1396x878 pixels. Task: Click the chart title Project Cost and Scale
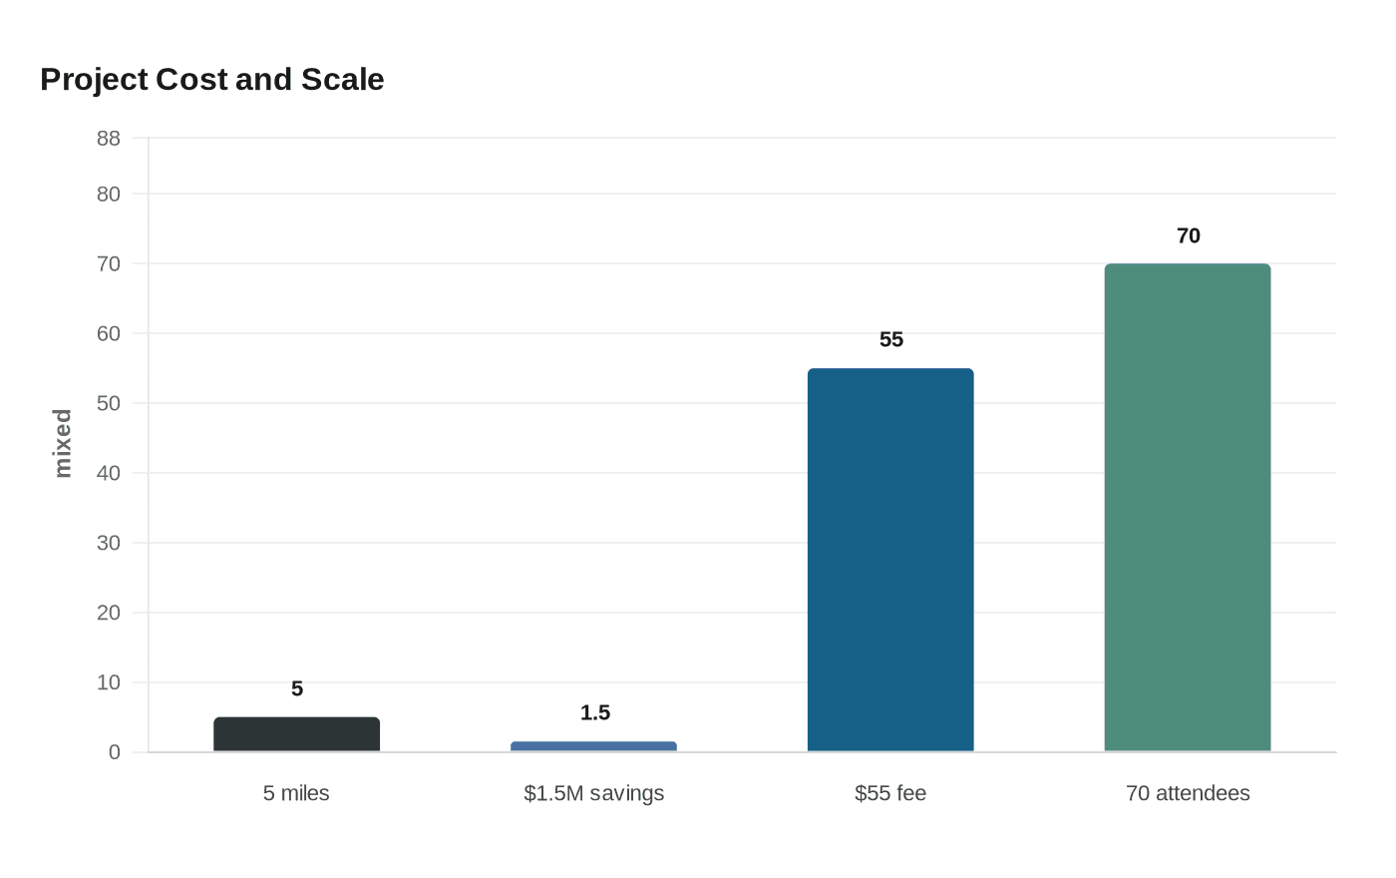click(211, 80)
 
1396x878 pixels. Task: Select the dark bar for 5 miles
click(296, 734)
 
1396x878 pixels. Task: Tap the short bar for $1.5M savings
click(593, 746)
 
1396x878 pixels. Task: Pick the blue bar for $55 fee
click(890, 560)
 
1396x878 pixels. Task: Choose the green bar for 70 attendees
click(1188, 508)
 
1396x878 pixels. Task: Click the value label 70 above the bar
click(1188, 236)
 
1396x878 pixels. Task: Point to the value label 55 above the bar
click(890, 340)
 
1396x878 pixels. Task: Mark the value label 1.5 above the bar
click(594, 713)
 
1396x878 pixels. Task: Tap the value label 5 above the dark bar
click(297, 689)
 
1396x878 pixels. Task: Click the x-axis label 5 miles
click(296, 793)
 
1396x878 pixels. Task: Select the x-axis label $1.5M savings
click(593, 793)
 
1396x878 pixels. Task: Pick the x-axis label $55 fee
click(890, 793)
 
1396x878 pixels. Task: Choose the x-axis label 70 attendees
click(1188, 793)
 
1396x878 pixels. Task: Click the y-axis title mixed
click(63, 444)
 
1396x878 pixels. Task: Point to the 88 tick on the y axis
click(108, 139)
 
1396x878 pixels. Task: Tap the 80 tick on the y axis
click(108, 195)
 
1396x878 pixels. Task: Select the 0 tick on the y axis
click(114, 752)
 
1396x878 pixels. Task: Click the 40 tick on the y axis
click(108, 473)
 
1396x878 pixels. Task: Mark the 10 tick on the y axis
click(108, 682)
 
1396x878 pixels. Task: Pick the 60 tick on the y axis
click(108, 333)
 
